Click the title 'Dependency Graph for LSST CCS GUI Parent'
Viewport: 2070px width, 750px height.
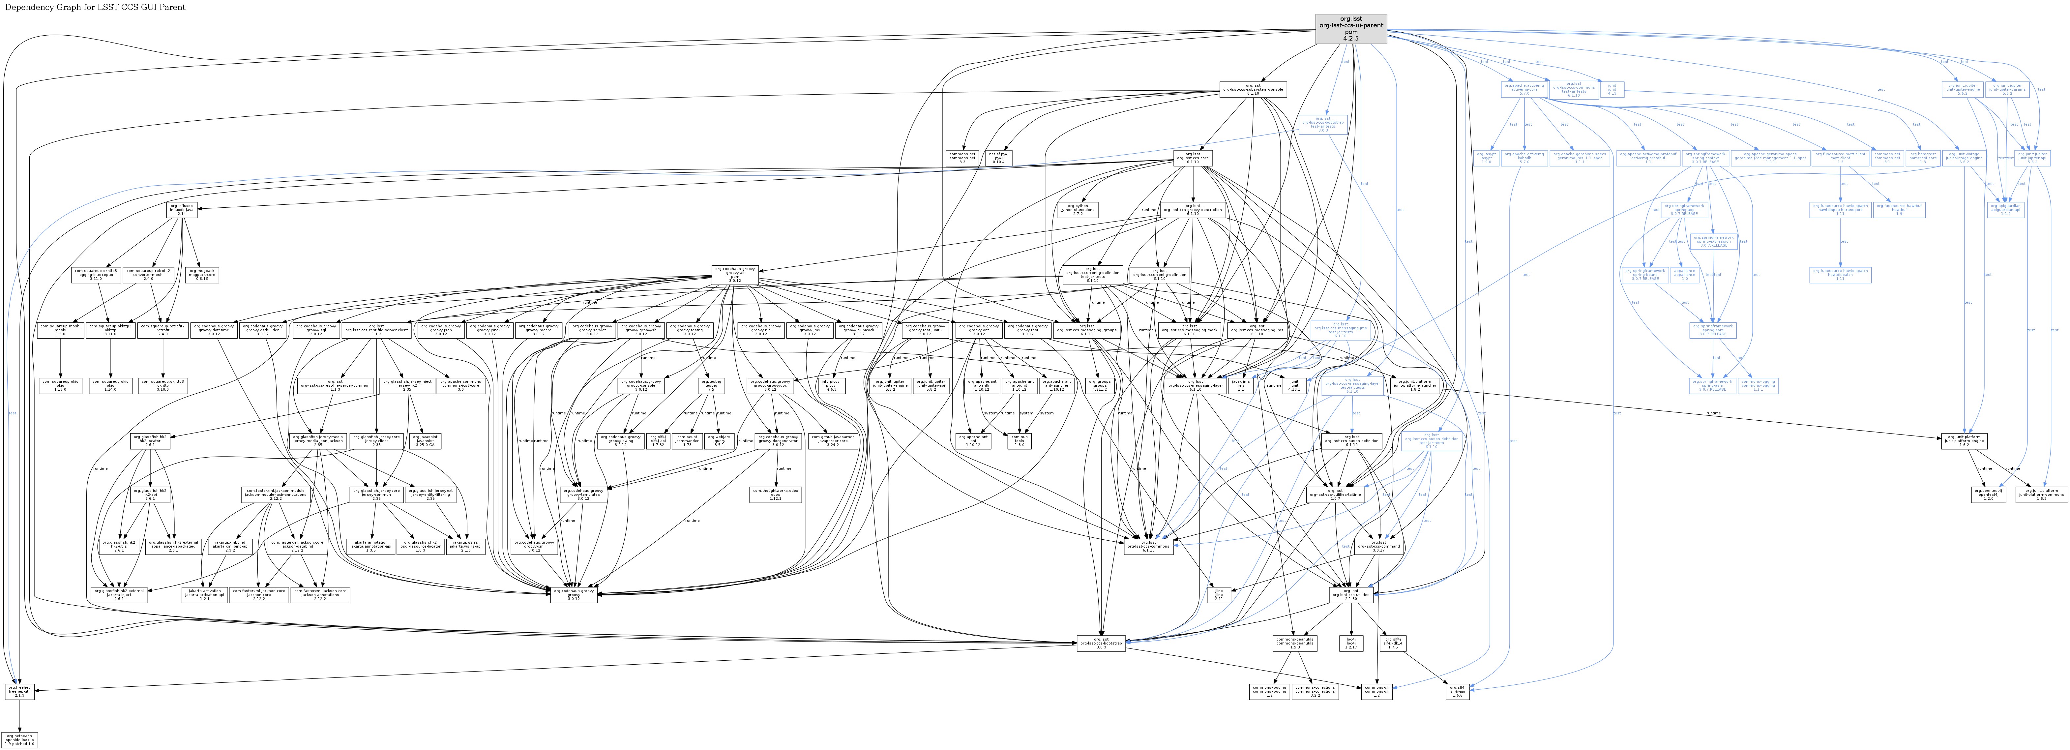point(96,7)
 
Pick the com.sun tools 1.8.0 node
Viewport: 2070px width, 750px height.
point(1019,440)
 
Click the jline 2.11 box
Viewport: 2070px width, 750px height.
point(1218,595)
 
